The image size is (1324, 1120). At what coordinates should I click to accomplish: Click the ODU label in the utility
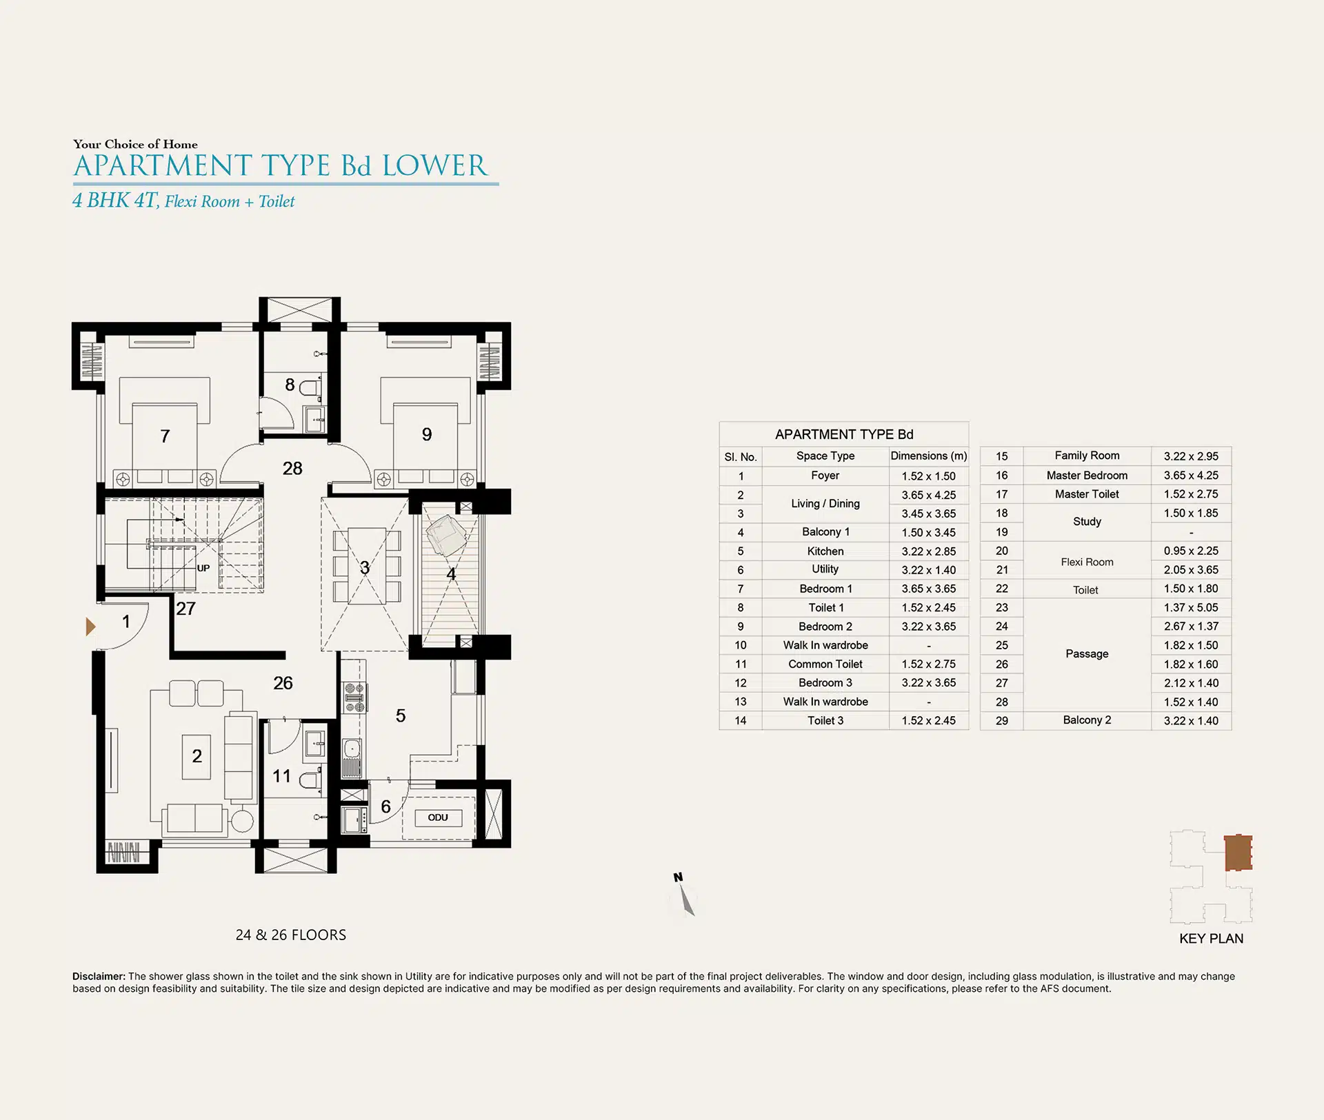438,817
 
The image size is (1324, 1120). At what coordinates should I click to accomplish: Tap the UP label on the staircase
203,569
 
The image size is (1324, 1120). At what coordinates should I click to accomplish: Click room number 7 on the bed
165,436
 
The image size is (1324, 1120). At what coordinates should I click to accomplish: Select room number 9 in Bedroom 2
427,434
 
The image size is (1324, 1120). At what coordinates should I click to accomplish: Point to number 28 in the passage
292,469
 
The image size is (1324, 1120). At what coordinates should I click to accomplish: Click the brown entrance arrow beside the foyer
90,627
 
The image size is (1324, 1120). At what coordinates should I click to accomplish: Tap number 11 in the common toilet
281,776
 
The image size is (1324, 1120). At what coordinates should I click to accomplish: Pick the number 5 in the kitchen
401,716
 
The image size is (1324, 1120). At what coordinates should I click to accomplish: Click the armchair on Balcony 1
445,536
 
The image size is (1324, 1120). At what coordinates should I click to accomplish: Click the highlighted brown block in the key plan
1238,853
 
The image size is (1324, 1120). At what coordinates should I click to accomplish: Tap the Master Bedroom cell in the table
1087,476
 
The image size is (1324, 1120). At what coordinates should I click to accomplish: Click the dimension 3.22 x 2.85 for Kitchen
929,551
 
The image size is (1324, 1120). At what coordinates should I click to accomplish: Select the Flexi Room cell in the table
1087,562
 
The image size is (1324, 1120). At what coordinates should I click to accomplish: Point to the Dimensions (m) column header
929,456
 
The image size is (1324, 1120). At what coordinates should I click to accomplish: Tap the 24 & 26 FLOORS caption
291,935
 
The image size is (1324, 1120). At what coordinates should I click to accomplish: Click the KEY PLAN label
1212,939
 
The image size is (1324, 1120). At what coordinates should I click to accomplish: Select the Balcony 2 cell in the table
1087,720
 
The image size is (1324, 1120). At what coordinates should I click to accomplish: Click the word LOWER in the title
435,166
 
